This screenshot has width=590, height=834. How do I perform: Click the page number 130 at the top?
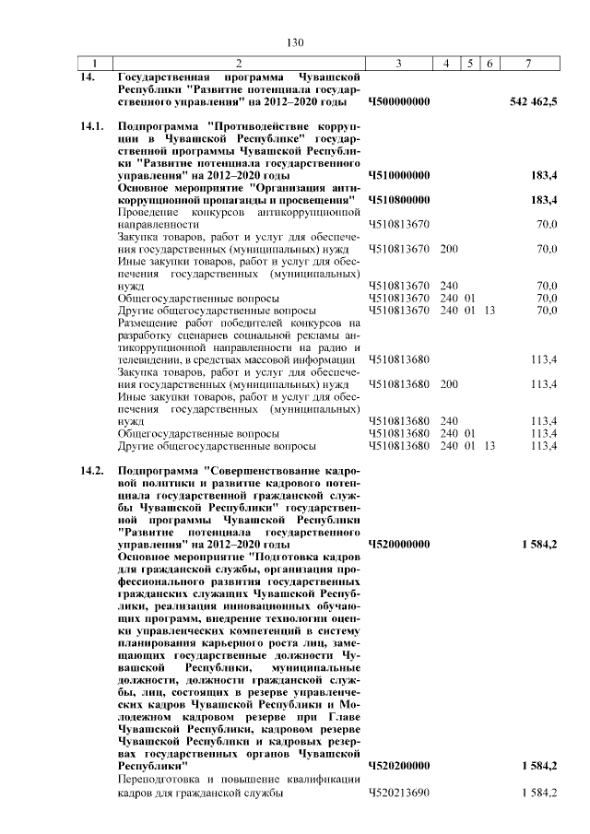295,42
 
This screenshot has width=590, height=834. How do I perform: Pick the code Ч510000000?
398,174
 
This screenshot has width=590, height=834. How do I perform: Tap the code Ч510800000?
398,199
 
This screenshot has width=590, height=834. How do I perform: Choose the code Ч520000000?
398,545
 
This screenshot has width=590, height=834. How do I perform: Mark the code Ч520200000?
398,766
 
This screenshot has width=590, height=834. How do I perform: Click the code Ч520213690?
398,794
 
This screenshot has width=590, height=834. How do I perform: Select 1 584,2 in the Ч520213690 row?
539,794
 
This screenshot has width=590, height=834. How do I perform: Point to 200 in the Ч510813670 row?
449,249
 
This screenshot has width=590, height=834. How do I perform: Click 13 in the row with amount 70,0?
489,311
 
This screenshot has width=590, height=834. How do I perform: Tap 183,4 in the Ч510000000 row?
546,174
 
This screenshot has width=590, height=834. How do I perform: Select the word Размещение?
147,323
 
